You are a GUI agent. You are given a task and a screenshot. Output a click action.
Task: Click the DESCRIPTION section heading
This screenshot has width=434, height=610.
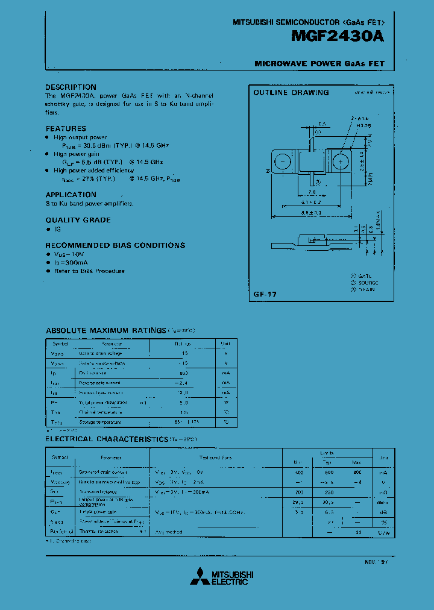point(71,87)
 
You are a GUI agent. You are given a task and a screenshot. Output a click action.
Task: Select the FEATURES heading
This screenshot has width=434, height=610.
point(66,128)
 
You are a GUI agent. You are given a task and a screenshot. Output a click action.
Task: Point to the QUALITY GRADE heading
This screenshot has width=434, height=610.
point(78,220)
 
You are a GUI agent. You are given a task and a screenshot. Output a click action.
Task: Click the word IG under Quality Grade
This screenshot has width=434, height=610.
point(58,229)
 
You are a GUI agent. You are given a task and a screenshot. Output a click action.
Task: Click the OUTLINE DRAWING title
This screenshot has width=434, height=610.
point(291,93)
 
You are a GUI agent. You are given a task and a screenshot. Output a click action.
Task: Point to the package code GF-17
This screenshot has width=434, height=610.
point(265,294)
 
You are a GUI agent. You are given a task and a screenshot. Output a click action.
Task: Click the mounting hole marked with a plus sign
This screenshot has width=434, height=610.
point(340,162)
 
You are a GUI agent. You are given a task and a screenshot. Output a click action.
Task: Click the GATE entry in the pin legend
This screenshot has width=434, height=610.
point(365,275)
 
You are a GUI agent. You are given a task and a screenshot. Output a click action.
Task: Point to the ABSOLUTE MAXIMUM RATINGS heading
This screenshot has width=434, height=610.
point(105,330)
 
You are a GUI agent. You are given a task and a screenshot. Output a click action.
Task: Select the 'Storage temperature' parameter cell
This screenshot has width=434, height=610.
point(103,422)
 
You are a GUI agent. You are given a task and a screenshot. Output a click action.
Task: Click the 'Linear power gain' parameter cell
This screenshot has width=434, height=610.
point(99,512)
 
